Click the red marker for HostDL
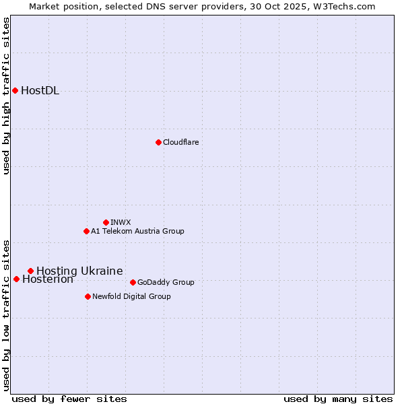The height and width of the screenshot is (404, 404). pos(15,90)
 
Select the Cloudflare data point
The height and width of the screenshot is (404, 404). pos(158,142)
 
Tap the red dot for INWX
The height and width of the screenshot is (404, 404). pos(106,222)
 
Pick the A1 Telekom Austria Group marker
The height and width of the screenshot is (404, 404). pos(86,231)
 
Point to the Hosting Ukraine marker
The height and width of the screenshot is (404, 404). pos(30,271)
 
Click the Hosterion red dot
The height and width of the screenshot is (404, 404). pos(16,279)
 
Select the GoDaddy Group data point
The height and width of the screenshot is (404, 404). pos(133,282)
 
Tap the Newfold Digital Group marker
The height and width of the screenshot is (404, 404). pos(88,296)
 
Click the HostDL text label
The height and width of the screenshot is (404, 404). pos(40,91)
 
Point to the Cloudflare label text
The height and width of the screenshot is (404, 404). pos(180,142)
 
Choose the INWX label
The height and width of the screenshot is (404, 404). pos(121,222)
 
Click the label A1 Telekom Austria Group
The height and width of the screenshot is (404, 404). pos(137,231)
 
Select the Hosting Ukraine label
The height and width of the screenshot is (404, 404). pos(79,271)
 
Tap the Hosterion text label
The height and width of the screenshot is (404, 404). pos(48,279)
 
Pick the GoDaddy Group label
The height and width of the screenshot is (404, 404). pos(166,282)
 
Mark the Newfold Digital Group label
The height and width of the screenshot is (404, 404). pos(131,296)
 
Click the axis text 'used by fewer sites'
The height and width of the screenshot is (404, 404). pos(69,399)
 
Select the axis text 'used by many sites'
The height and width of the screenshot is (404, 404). pos(338,399)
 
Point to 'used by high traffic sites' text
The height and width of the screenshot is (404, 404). pos(7,96)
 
